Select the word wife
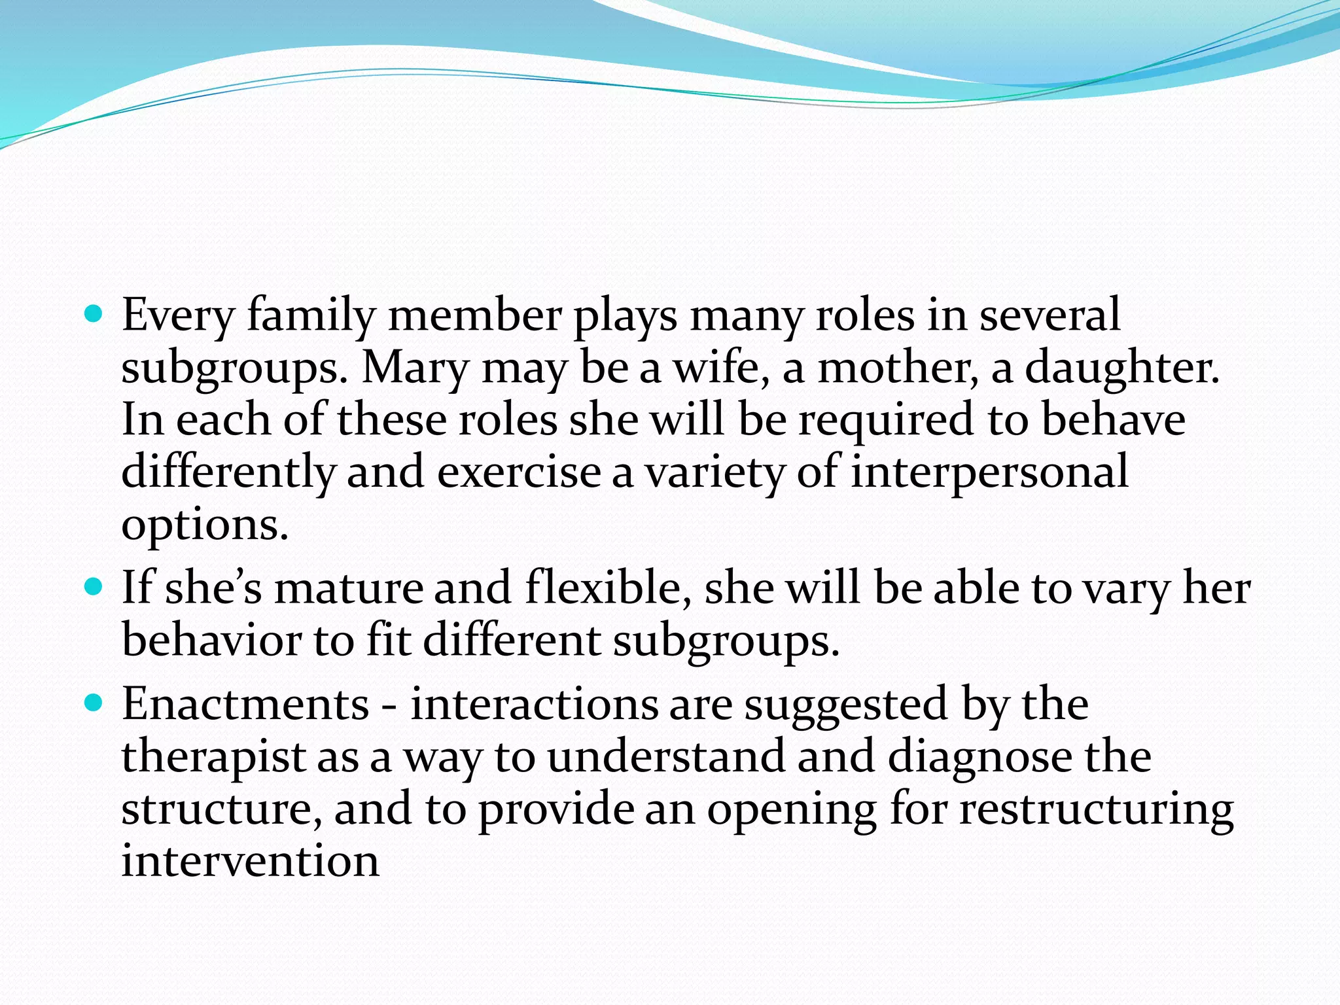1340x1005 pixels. [x=721, y=368]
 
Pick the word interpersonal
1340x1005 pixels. [x=989, y=472]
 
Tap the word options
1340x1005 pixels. [x=205, y=525]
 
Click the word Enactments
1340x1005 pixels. [x=246, y=705]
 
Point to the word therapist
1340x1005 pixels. [x=213, y=758]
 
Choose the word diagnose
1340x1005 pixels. [x=980, y=758]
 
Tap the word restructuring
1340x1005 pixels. [x=1096, y=810]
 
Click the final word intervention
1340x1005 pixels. [x=250, y=861]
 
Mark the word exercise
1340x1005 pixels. [x=518, y=472]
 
